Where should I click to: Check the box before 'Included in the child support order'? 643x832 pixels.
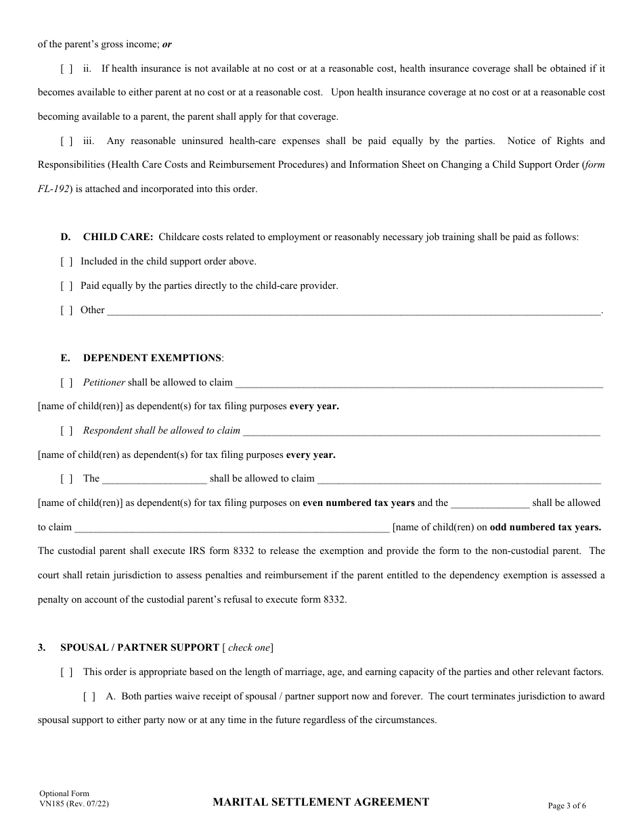coord(66,261)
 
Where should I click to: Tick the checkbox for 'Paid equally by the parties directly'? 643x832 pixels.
coord(66,285)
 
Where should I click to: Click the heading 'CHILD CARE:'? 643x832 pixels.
coord(118,237)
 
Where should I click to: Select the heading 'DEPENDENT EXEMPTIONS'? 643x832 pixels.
coord(152,358)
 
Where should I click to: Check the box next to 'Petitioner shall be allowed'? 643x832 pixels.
coord(66,382)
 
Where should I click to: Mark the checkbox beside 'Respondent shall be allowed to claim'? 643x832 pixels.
coord(66,430)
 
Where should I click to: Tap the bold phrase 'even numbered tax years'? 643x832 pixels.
coord(359,503)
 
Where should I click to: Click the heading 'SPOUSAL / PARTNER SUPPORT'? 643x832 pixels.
coord(139,647)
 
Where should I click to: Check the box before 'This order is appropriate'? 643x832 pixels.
coord(66,672)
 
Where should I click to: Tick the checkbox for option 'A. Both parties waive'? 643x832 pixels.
coord(89,696)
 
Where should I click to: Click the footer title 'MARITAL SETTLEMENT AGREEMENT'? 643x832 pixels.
coord(321,802)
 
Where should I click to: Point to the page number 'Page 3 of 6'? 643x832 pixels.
coord(567,805)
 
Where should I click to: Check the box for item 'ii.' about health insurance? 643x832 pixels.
coord(66,68)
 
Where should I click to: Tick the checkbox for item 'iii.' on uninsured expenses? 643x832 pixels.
coord(66,141)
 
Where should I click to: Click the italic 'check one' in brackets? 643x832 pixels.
coord(249,647)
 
